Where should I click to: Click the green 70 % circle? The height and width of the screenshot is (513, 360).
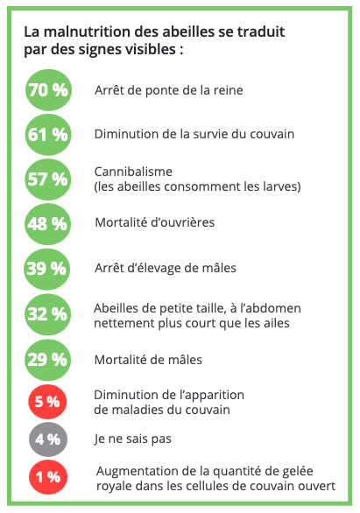tap(48, 90)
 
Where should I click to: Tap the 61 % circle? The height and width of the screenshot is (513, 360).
tap(48, 135)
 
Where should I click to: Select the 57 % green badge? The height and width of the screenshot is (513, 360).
tap(48, 179)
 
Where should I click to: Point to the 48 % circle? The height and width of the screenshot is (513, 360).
tap(47, 224)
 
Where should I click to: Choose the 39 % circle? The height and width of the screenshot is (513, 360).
tap(46, 269)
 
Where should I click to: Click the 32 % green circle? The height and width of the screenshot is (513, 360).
tap(47, 314)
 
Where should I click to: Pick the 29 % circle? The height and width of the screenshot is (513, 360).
tap(47, 360)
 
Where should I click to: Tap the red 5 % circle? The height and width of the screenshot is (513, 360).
tap(47, 402)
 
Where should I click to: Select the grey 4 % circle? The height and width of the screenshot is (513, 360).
tap(48, 439)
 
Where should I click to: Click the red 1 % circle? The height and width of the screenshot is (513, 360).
tap(48, 477)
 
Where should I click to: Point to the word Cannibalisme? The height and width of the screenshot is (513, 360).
tap(133, 172)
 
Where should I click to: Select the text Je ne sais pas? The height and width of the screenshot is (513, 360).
tap(132, 439)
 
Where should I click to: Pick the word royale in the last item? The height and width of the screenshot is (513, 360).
tap(114, 486)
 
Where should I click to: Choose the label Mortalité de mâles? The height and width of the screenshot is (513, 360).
tap(148, 360)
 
